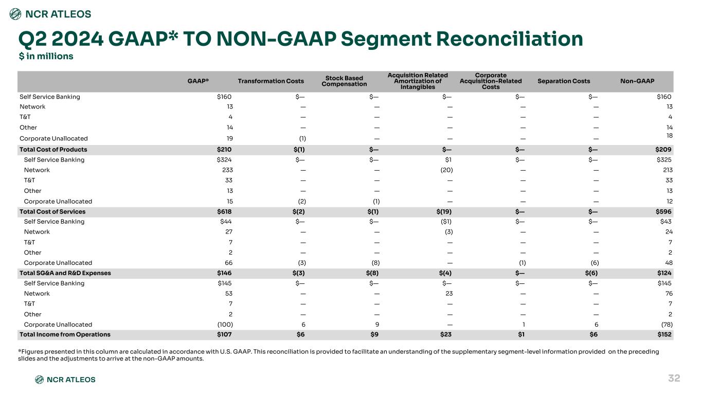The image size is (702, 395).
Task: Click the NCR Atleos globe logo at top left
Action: pos(15,14)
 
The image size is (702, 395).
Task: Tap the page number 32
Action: pos(674,378)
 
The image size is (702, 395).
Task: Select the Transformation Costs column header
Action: pos(271,81)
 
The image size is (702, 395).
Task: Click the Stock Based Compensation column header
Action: pos(344,81)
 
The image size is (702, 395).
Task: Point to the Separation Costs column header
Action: pos(564,81)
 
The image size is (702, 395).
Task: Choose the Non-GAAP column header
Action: pos(637,81)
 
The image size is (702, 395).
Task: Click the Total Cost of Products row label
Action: pos(53,150)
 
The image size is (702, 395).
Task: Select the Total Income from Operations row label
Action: pos(65,334)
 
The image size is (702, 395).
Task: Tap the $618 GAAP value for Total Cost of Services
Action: pos(224,211)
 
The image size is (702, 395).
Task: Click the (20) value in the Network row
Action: pos(446,170)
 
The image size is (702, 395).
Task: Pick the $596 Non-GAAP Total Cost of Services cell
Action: pos(663,211)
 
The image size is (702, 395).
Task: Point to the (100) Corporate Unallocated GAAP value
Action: pos(225,325)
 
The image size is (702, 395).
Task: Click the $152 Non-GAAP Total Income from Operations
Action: pos(664,334)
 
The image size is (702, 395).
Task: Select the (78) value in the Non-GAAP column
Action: pos(667,325)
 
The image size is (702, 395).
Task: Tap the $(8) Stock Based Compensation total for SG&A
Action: pos(372,273)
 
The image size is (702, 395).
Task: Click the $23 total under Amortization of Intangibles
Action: pos(446,334)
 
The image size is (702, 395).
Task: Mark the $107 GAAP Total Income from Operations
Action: pos(224,334)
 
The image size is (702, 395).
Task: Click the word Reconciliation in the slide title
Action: pos(510,39)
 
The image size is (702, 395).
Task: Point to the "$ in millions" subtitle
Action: pos(46,56)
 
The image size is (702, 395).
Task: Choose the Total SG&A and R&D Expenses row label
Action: pos(65,273)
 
